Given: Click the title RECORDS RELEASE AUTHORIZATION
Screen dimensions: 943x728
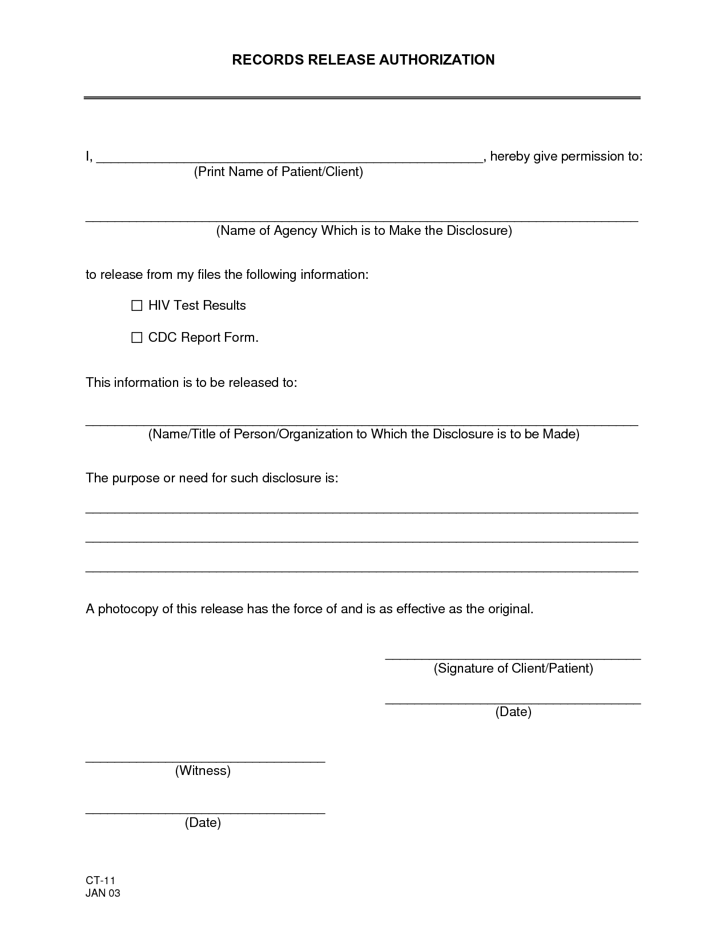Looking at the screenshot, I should (363, 60).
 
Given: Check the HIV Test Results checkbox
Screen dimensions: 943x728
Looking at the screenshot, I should (137, 306).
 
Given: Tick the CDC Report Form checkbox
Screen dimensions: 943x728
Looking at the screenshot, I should (137, 338).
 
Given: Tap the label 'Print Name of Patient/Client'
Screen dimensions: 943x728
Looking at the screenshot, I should (279, 171).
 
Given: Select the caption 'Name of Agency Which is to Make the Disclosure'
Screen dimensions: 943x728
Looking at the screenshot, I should (364, 230).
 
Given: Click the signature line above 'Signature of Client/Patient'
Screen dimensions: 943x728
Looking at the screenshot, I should (513, 657).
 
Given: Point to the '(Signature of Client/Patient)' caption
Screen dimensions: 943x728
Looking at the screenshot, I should (513, 668).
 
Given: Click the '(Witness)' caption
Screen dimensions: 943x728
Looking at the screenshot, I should (203, 770).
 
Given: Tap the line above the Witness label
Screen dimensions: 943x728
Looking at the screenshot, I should (205, 760).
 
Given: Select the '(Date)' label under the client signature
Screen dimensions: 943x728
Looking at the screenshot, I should (513, 712).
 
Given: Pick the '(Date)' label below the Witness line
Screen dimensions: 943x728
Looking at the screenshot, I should (203, 822).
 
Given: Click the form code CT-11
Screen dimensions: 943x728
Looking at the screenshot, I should (100, 881).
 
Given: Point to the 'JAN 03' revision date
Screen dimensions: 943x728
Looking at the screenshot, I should (103, 893).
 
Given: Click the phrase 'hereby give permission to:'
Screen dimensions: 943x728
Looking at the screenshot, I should (566, 157).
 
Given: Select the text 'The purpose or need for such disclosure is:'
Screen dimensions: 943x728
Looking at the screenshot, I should (212, 478).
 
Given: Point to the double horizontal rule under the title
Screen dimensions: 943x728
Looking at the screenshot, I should (362, 98).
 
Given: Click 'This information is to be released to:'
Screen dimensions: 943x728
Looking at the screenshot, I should (191, 382).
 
